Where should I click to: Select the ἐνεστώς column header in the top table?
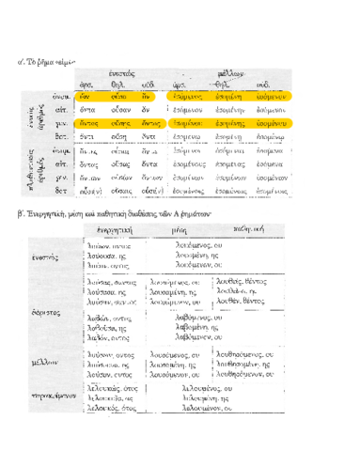138,70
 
